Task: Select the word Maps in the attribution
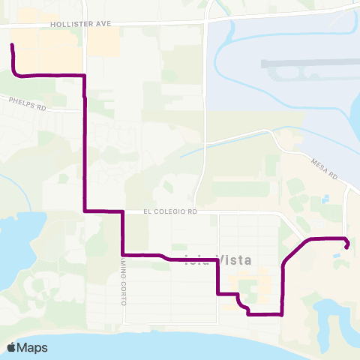34,347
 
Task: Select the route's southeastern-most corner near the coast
282,315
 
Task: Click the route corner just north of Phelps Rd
84,76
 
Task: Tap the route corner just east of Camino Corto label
122,255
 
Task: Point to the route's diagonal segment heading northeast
295,251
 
